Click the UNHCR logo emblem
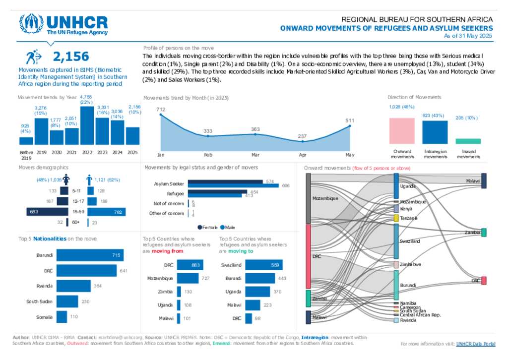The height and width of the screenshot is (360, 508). pos(30,24)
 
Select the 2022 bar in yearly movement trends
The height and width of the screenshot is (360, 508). pos(87,125)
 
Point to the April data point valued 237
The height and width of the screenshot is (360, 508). pos(303,141)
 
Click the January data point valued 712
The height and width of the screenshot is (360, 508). pos(161,115)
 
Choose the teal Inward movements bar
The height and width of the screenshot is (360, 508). pos(468,141)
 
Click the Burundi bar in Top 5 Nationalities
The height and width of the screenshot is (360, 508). pos(90,255)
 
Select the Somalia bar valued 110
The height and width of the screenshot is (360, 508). pos(62,317)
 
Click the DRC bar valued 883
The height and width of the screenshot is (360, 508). pos(189,265)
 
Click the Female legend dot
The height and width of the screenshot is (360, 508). pos(199,227)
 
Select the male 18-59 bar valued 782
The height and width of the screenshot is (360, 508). pos(107,212)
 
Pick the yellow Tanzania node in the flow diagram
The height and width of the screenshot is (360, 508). pos(396,218)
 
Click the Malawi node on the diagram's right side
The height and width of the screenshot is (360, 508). pos(484,181)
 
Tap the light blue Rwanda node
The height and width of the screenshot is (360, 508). pos(396,320)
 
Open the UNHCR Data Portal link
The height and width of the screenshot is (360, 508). pos(475,344)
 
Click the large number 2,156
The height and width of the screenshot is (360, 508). pos(71,56)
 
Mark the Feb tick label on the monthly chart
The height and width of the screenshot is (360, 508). pos(208,155)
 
